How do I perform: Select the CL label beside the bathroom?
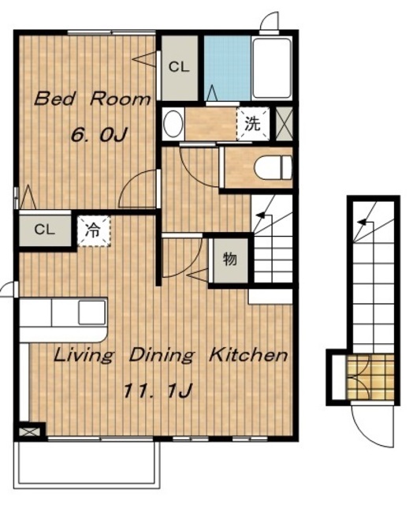click(x=179, y=67)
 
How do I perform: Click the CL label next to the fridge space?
click(x=45, y=230)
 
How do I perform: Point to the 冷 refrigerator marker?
click(x=93, y=231)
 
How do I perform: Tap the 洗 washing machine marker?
click(x=252, y=124)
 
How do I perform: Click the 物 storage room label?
click(x=230, y=259)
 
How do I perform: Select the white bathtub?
click(x=272, y=68)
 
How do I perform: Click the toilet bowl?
click(x=273, y=167)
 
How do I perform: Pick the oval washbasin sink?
click(x=173, y=124)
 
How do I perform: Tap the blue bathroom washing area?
click(x=228, y=68)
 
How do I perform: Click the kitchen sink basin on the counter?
click(x=92, y=312)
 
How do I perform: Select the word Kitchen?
click(x=248, y=355)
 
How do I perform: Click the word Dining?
click(x=162, y=356)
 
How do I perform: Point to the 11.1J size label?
click(x=158, y=391)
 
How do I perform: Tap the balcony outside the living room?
click(x=87, y=463)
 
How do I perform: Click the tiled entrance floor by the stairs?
click(x=370, y=377)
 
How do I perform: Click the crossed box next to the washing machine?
click(x=285, y=124)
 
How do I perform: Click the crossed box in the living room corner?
click(x=29, y=432)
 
